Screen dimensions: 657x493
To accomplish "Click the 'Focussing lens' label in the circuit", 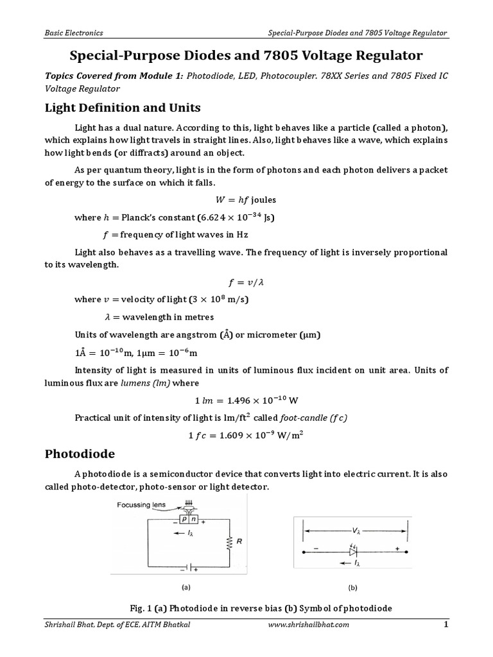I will point(141,505).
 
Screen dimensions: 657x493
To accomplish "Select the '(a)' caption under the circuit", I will point(187,586).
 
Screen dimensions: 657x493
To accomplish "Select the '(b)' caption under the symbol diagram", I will point(352,586).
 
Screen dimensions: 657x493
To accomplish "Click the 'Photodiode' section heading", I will point(80,454).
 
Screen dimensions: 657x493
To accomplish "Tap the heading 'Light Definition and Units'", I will point(123,107).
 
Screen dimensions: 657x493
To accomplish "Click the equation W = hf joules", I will point(246,200).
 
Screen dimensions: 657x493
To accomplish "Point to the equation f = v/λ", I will point(246,282).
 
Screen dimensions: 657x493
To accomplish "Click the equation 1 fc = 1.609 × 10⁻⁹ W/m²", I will point(246,435).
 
